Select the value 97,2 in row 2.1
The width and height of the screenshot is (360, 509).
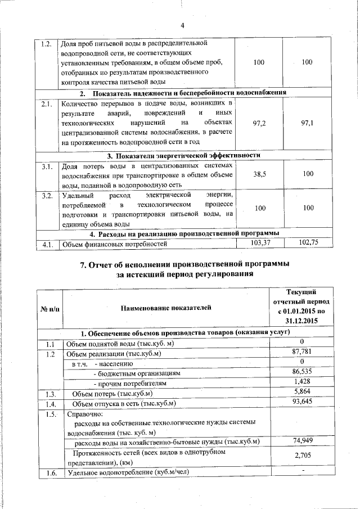(259, 123)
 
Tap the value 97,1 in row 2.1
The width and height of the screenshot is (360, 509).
(307, 123)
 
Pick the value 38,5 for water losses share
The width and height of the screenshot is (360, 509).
(259, 175)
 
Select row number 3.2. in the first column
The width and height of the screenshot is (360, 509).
(47, 196)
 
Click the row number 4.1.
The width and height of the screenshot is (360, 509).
(47, 244)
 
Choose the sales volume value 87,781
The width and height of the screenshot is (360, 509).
(301, 353)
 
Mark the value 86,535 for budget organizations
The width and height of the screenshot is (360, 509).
(301, 372)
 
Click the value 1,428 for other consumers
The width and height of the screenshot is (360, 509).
(301, 382)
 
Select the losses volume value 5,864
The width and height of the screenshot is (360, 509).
(301, 391)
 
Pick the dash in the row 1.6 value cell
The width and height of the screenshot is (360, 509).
(302, 470)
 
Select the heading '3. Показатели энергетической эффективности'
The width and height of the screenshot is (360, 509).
(183, 155)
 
